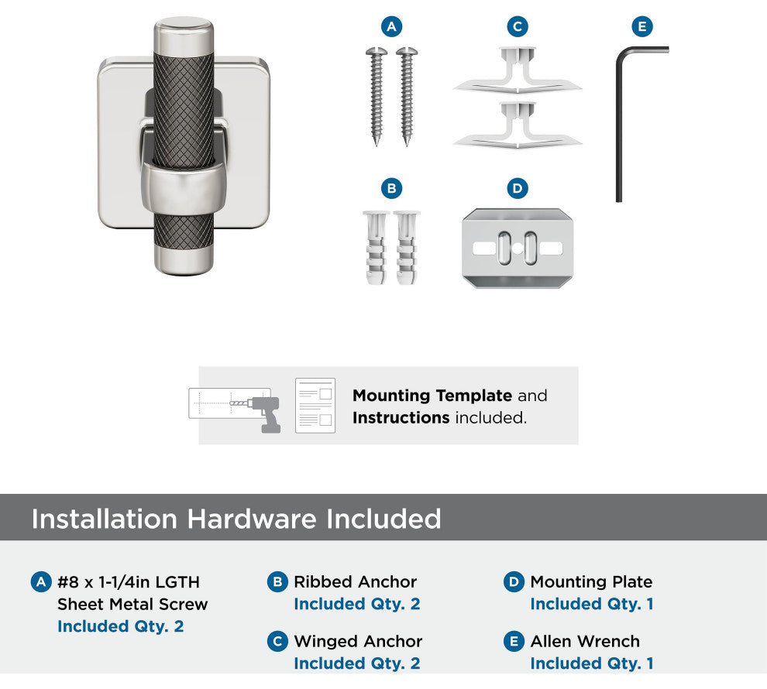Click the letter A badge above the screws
coord(391,26)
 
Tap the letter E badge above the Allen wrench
coord(642,26)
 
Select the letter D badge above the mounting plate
coord(518,188)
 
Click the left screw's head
coord(377,51)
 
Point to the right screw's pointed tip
coord(407,145)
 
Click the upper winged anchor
coord(518,70)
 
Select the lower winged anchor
coord(518,125)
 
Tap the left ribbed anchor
coord(377,247)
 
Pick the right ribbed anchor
coord(407,247)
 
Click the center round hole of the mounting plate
coord(518,249)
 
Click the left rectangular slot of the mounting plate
coord(485,249)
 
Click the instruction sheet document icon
coord(315,405)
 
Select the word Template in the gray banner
coord(473,396)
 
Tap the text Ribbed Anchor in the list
coord(355,581)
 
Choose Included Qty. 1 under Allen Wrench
coord(592,663)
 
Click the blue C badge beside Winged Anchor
coord(277,641)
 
